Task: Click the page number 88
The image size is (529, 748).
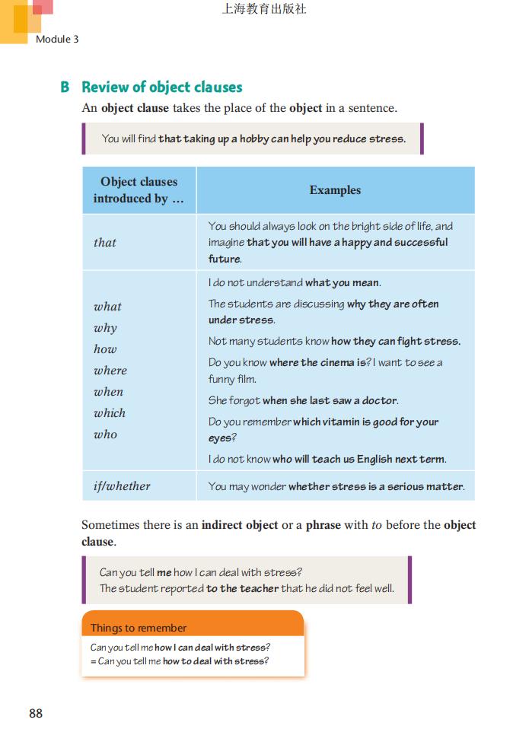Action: [x=36, y=713]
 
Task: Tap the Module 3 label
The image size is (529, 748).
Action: [x=57, y=39]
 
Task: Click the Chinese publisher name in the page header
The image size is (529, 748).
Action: [x=264, y=10]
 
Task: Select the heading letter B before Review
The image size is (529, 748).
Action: [x=65, y=88]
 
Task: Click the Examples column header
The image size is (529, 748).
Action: [x=335, y=190]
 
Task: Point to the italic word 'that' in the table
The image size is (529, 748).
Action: [x=105, y=243]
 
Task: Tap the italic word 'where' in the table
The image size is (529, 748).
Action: [x=110, y=371]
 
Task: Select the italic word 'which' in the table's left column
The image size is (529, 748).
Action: [x=110, y=413]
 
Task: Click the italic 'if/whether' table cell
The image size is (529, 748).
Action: [x=122, y=486]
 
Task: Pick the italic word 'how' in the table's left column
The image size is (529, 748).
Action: [x=105, y=349]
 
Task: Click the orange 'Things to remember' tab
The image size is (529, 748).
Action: [x=139, y=628]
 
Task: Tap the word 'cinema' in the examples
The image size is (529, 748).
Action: [x=337, y=363]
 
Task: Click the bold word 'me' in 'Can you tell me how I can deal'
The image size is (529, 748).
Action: [x=164, y=573]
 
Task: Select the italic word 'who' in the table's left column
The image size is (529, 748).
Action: [x=106, y=434]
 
